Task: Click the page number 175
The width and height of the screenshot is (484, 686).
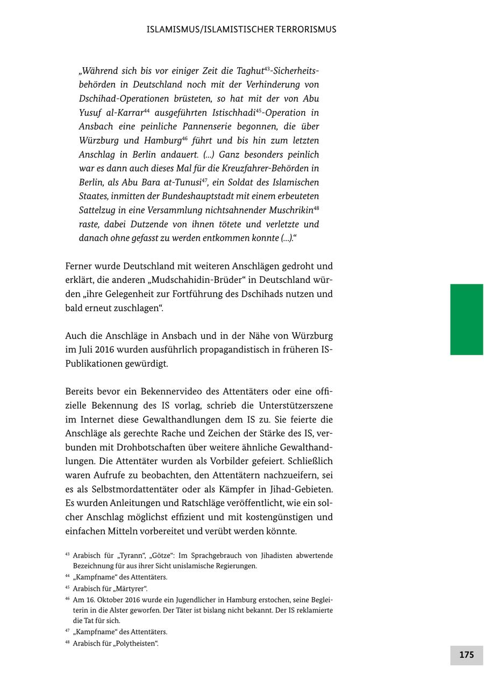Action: click(x=466, y=654)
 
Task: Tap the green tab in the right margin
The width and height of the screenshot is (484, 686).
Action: click(x=466, y=319)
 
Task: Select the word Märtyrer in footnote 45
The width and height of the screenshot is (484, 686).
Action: click(x=128, y=588)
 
